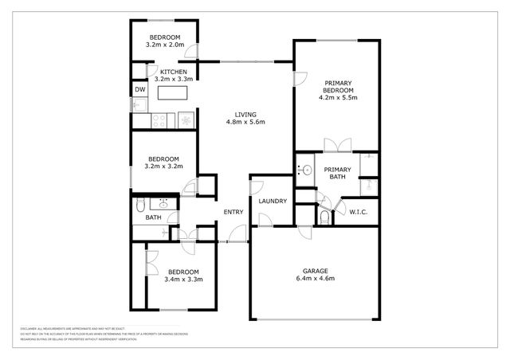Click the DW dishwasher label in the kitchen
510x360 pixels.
click(139, 90)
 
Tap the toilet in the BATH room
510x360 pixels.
click(139, 205)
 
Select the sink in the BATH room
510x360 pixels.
click(164, 202)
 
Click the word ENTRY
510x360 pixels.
click(233, 212)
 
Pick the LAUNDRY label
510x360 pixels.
click(272, 202)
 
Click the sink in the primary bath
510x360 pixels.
click(304, 170)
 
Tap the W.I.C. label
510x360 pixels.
click(352, 212)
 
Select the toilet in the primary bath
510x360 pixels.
click(324, 217)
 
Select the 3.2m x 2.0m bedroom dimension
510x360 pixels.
click(164, 46)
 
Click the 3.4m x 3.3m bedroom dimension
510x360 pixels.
click(183, 280)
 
